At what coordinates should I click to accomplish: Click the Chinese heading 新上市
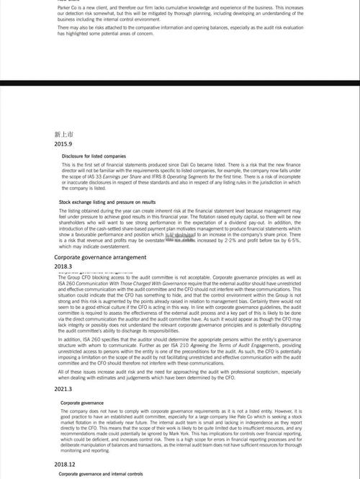pos(63,134)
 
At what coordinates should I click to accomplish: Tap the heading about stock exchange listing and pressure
pos(107,202)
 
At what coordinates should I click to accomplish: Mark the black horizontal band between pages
pos(180,84)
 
